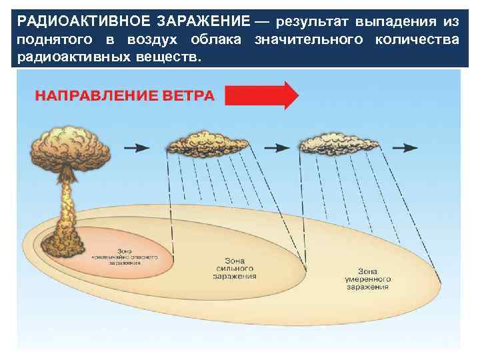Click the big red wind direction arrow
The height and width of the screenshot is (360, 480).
261,95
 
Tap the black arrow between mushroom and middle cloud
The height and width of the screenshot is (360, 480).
137,147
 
